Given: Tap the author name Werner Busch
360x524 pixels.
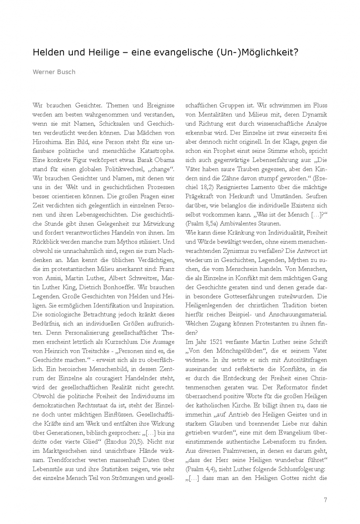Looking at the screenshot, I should click(x=54, y=72).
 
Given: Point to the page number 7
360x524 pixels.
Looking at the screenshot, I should click(x=326, y=500).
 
